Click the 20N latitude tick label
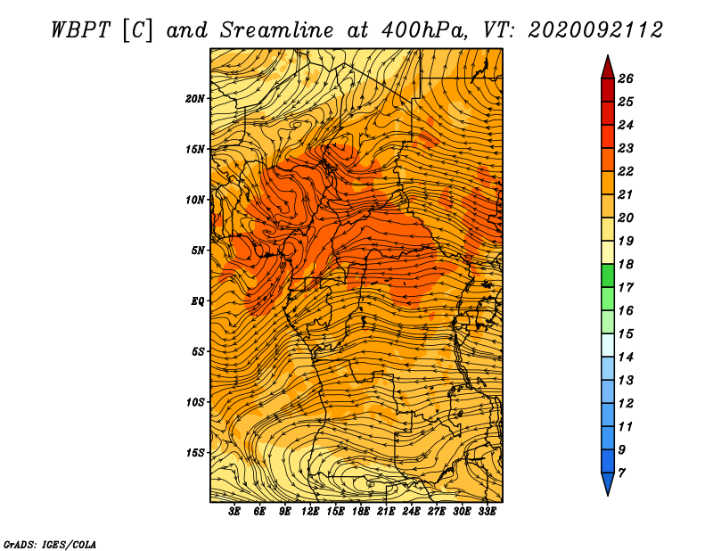(x=195, y=99)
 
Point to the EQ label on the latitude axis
(x=197, y=301)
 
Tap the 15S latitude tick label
(x=195, y=453)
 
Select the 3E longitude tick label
(x=234, y=512)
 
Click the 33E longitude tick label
(x=487, y=512)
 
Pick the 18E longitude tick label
(x=361, y=512)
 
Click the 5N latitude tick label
(x=198, y=251)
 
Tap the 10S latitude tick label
(x=195, y=402)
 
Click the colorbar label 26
(x=626, y=78)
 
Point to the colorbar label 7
(x=621, y=473)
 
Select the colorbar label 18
(x=626, y=264)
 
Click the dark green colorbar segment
(x=608, y=275)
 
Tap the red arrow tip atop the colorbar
(x=608, y=56)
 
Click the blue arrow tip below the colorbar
(x=608, y=495)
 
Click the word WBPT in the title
(x=80, y=31)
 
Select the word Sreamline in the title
(x=276, y=30)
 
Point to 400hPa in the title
(x=425, y=31)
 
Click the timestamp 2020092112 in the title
(x=595, y=30)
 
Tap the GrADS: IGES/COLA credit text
(x=50, y=545)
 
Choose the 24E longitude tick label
(x=411, y=512)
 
